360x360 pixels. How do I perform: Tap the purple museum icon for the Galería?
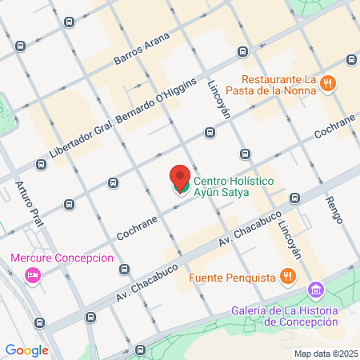(x=317, y=289)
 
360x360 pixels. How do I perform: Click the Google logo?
(x=26, y=350)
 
